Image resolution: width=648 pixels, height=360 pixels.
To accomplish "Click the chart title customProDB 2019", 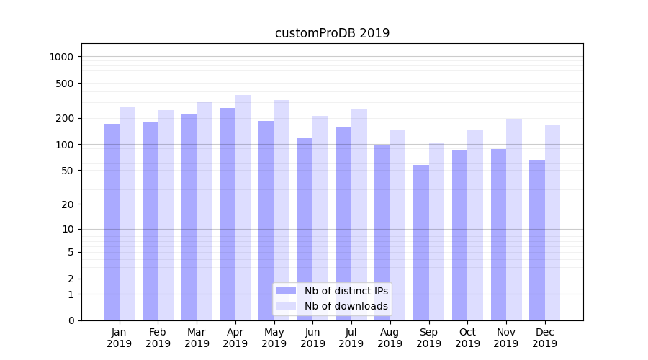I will (332, 33).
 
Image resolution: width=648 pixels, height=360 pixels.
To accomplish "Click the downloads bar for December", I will (552, 222).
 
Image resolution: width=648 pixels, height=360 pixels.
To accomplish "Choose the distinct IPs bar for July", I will (343, 224).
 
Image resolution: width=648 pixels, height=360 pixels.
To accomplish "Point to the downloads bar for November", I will (513, 220).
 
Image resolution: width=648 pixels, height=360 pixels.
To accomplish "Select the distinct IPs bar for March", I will (189, 217).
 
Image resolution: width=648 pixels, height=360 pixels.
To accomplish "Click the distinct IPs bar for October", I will (459, 235).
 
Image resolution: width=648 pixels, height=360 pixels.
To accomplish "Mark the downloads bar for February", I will (166, 215).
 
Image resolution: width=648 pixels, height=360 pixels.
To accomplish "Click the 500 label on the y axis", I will (66, 84).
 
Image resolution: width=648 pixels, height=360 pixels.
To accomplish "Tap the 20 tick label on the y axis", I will (68, 204).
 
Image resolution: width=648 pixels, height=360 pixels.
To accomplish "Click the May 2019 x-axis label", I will (274, 338).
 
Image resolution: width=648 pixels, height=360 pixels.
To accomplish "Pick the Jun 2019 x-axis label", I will (312, 338).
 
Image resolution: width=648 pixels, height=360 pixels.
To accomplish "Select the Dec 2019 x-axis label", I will (545, 338).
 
